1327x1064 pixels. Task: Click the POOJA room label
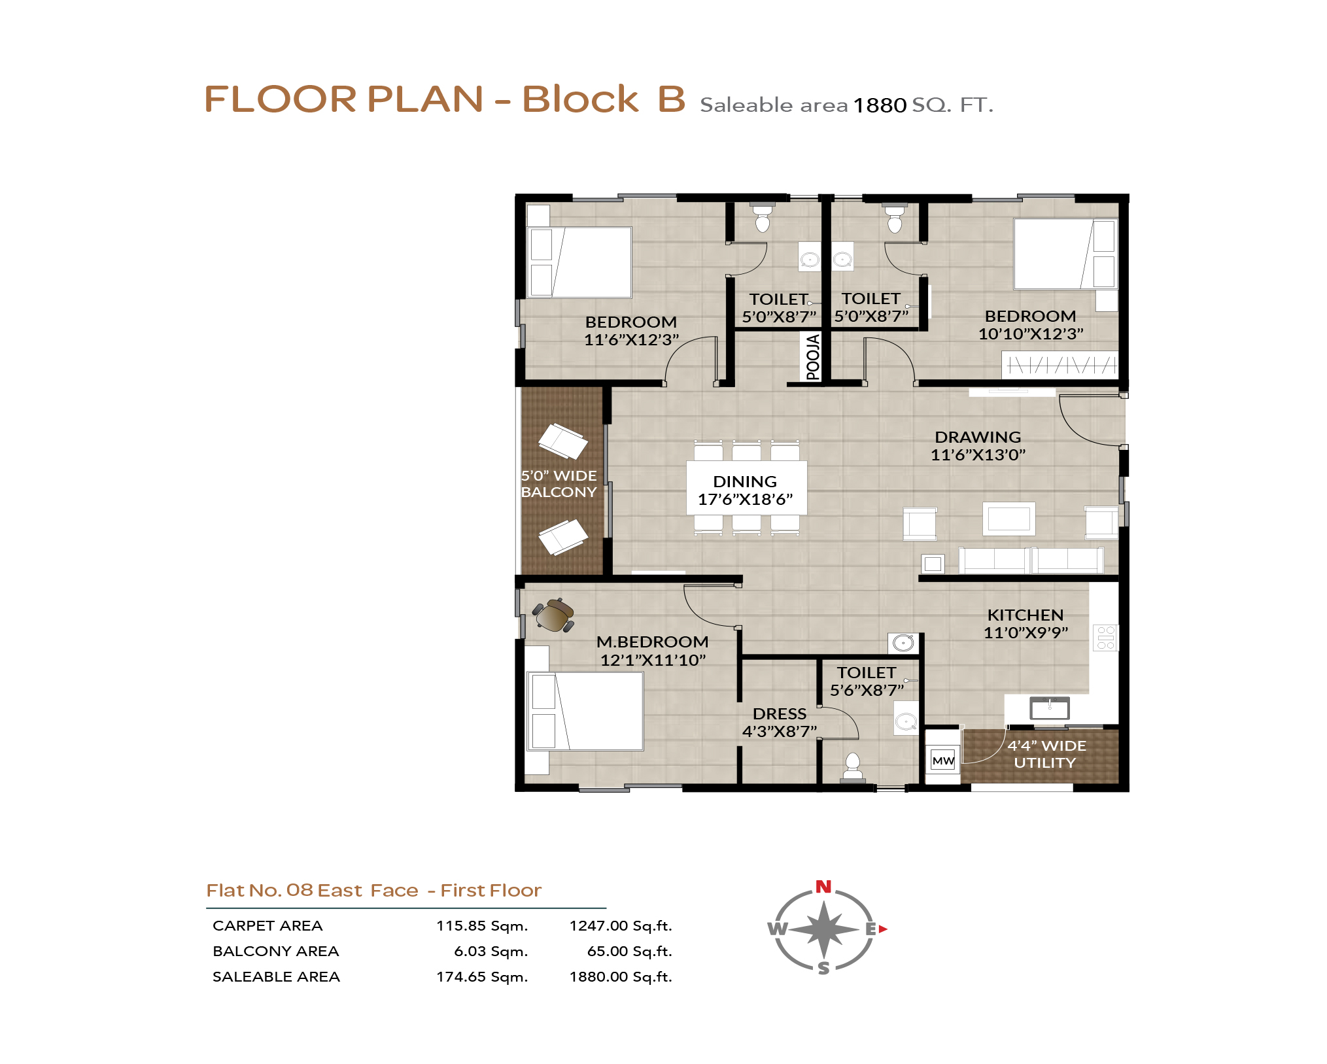coord(812,356)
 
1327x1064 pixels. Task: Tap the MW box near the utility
coord(943,760)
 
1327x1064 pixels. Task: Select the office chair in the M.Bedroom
coord(553,615)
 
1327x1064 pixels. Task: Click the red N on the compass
coord(823,886)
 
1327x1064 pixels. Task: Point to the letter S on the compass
coord(824,968)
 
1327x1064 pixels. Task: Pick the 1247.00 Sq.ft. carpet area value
coord(621,926)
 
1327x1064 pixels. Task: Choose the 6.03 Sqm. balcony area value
coord(491,952)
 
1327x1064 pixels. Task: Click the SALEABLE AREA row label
coord(276,977)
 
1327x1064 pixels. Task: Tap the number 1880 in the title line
coord(880,105)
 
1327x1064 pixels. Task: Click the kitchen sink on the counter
coord(1050,708)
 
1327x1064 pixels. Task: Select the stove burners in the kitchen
coord(1105,638)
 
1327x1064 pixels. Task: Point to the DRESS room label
coord(780,713)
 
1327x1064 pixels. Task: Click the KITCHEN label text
coord(1025,615)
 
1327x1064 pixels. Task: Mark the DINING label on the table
coord(745,481)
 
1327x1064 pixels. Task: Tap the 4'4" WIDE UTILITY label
coord(1046,754)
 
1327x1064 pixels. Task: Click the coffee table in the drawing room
coord(1008,519)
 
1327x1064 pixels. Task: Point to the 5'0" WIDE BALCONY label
coord(559,484)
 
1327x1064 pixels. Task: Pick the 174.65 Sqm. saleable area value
coord(482,977)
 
